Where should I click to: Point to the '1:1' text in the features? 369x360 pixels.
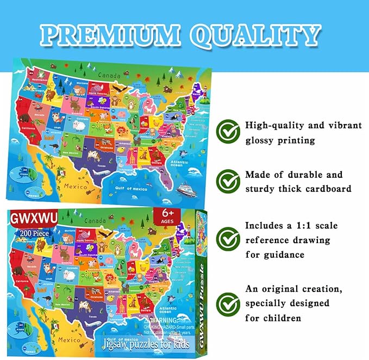coord(301,224)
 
